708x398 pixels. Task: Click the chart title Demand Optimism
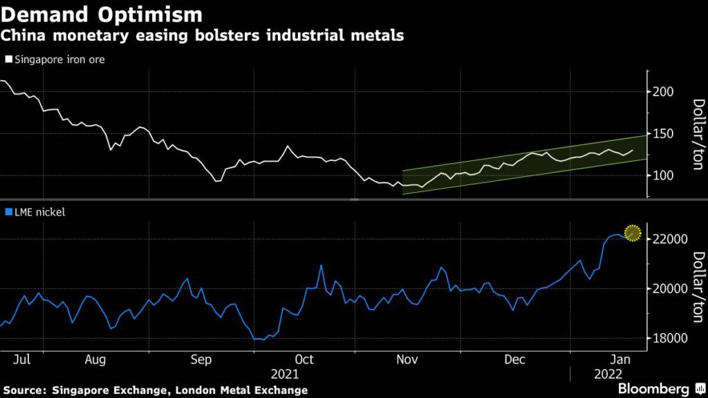(x=102, y=15)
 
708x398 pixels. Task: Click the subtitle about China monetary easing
(x=202, y=36)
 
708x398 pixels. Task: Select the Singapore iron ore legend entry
(x=55, y=59)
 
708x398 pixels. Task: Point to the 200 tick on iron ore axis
(x=662, y=92)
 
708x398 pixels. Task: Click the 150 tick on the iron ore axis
(x=662, y=133)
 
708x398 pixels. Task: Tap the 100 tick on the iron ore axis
(x=662, y=176)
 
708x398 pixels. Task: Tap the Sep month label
(x=201, y=360)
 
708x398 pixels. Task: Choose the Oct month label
(x=304, y=360)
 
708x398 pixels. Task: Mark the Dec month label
(x=513, y=360)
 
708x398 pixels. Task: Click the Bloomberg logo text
(x=654, y=389)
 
